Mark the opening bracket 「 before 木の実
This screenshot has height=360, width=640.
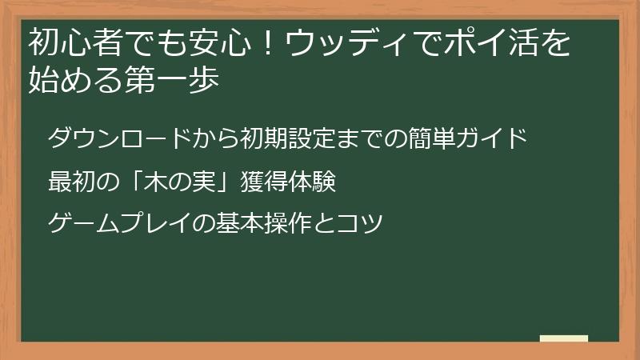click(130, 182)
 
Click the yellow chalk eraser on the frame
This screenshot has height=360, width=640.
click(563, 338)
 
